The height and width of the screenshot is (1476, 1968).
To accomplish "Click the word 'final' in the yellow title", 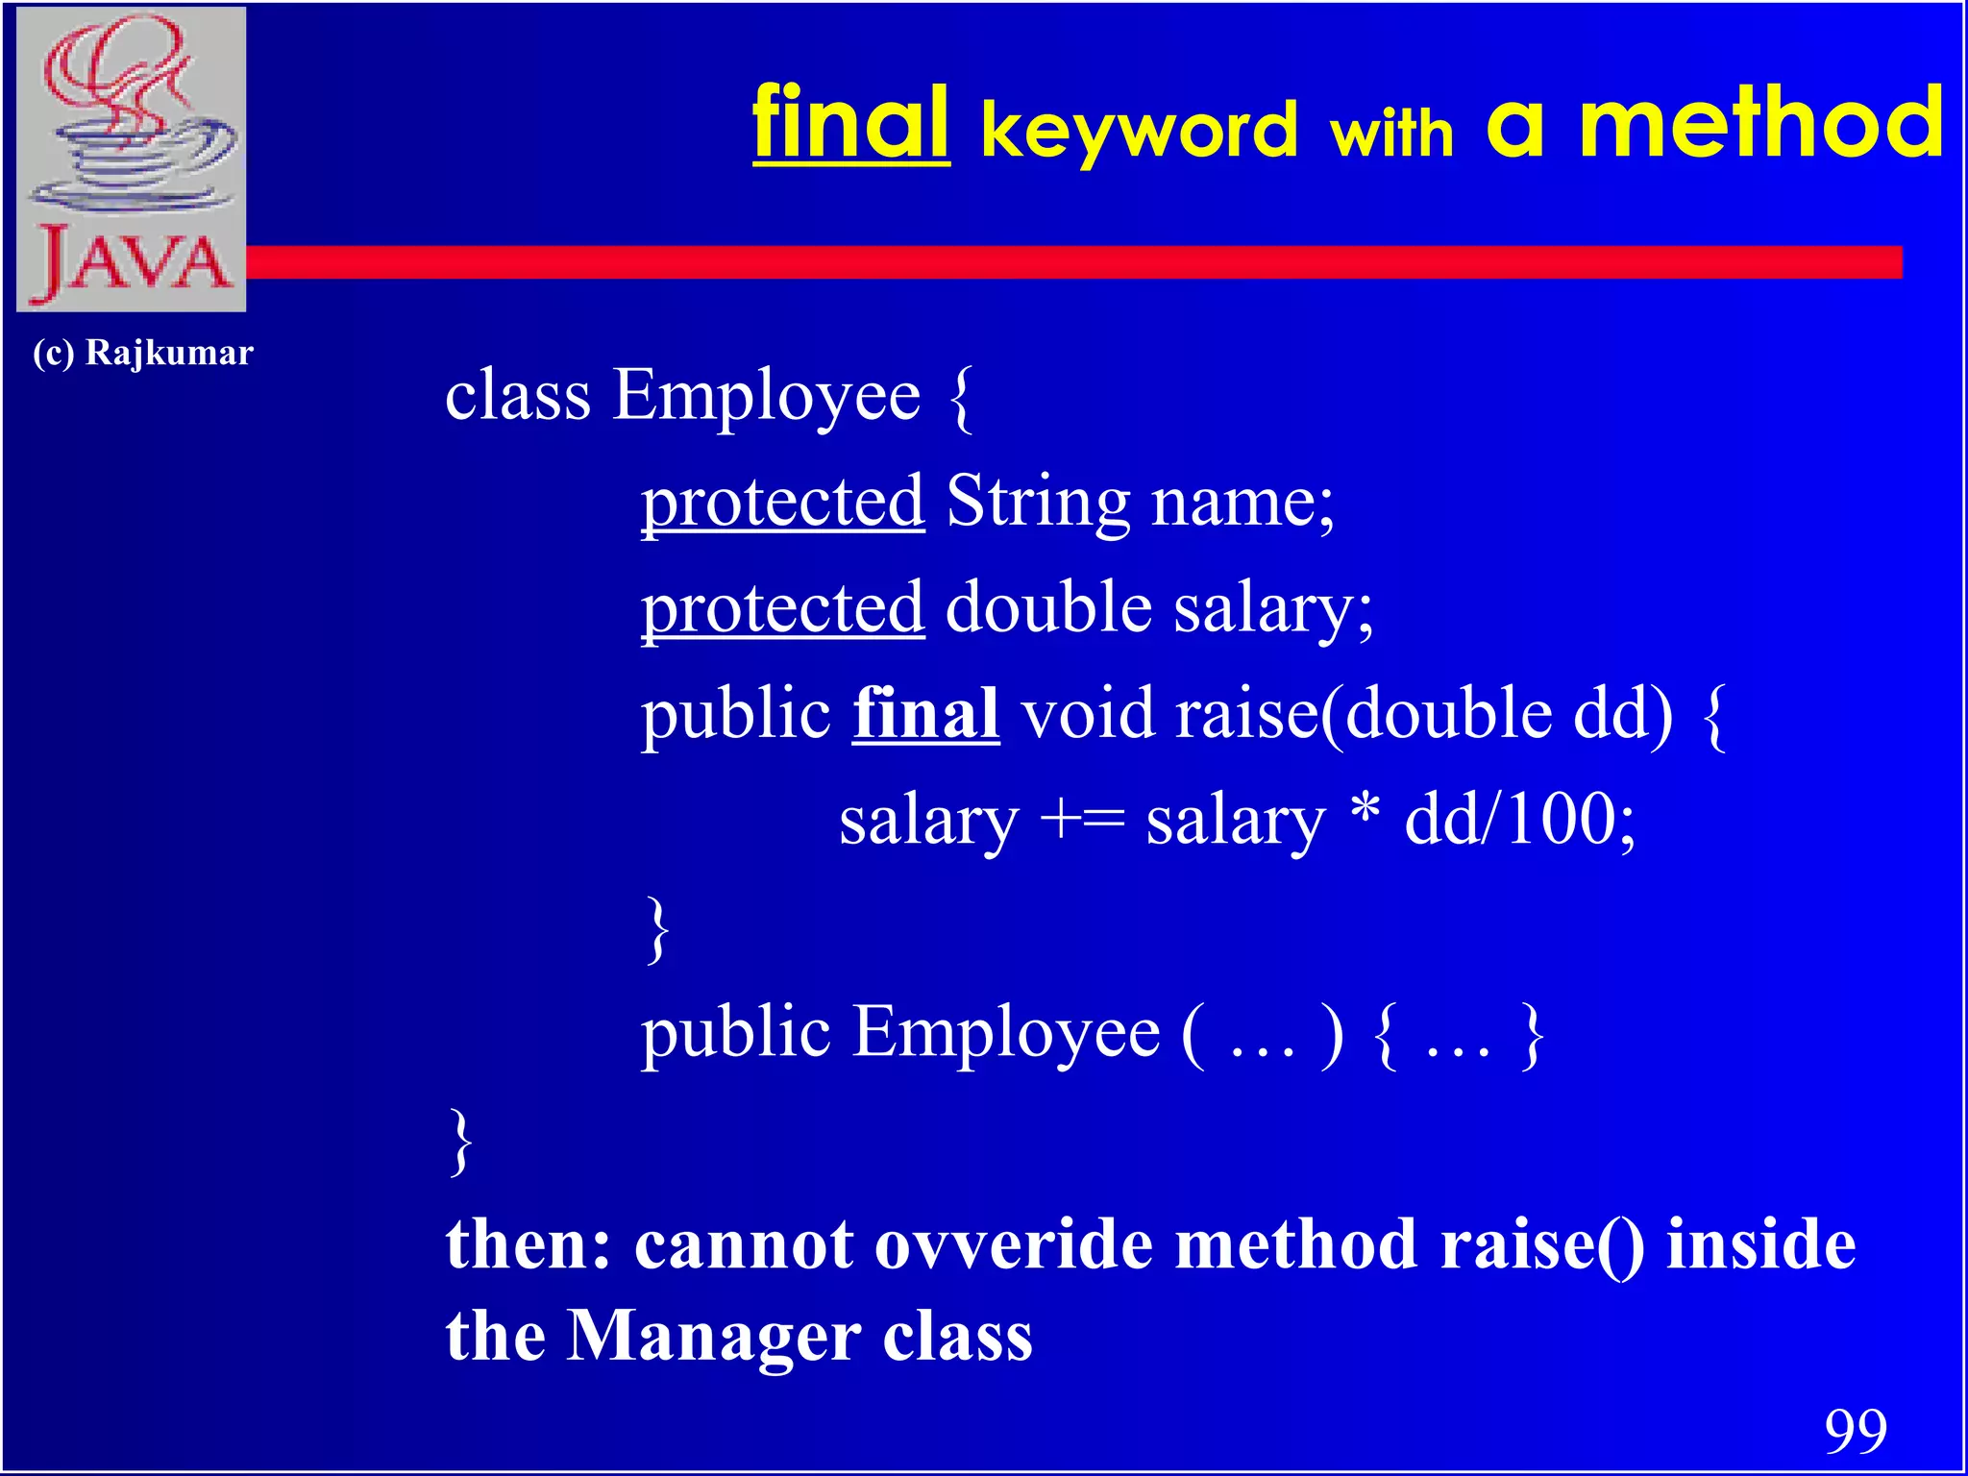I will click(x=850, y=125).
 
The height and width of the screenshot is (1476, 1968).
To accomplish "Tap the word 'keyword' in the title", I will click(x=1139, y=132).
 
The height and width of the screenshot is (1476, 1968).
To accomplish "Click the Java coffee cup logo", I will click(x=132, y=159).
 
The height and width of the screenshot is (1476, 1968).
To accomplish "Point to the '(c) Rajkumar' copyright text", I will click(x=142, y=353).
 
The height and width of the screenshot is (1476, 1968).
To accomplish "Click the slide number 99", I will click(x=1856, y=1431).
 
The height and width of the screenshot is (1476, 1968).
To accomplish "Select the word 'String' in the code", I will click(x=1038, y=502).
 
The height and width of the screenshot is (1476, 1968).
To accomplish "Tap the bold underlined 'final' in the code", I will click(x=925, y=714).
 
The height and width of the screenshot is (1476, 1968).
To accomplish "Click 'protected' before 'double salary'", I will click(x=782, y=608).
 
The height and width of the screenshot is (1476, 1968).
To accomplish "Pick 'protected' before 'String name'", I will click(x=782, y=502).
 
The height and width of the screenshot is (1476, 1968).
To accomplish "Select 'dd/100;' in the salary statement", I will click(x=1519, y=820).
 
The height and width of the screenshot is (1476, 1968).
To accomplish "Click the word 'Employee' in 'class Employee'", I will click(x=767, y=396).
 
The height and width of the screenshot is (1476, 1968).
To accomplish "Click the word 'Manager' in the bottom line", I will click(x=713, y=1336).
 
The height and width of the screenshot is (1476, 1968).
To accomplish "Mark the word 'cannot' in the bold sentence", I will click(x=744, y=1244).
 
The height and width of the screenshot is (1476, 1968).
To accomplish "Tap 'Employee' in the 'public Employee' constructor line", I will click(x=1006, y=1034).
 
